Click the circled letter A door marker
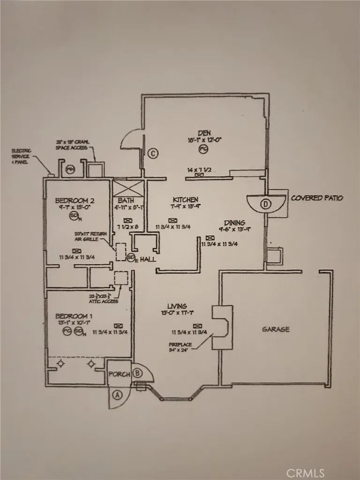117,395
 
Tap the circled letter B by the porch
137,374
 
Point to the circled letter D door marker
266,204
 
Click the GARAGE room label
275,329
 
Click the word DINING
234,223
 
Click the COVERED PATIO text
317,198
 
